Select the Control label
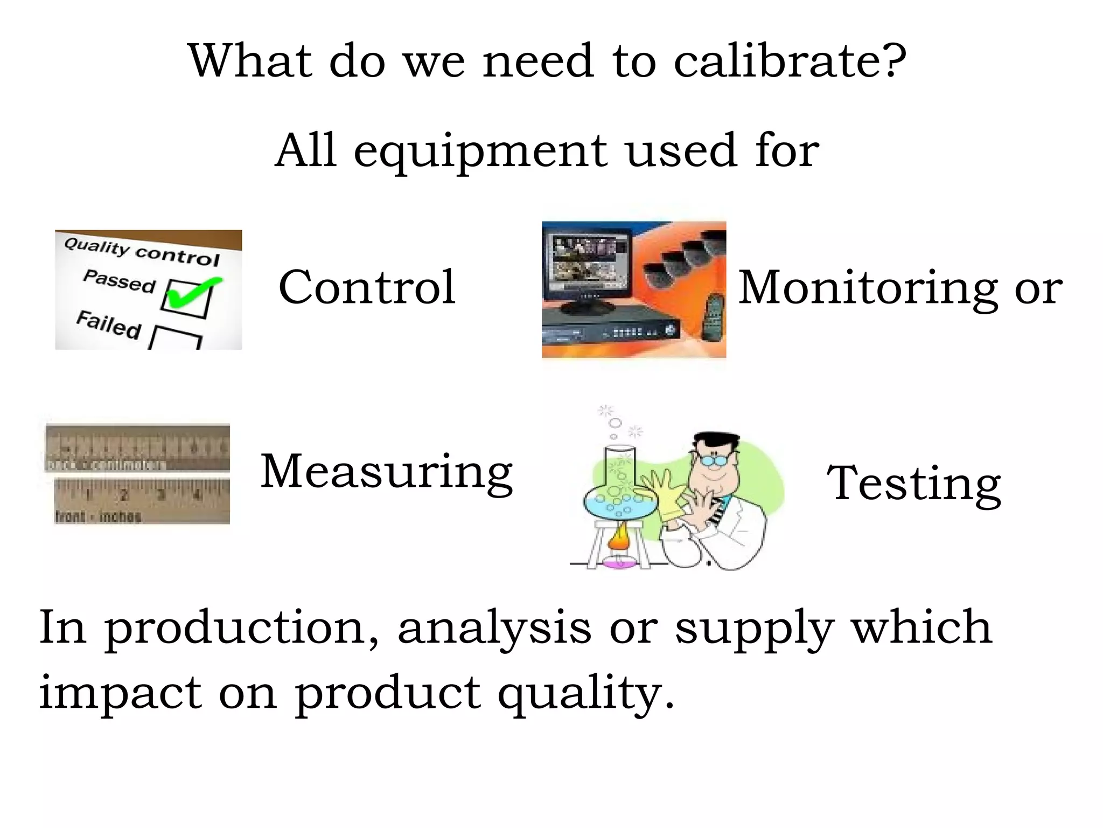[367, 287]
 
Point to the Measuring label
[386, 472]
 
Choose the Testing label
[913, 484]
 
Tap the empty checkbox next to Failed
[176, 338]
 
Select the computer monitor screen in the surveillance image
[587, 264]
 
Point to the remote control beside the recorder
[713, 318]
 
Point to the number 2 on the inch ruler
[124, 494]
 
